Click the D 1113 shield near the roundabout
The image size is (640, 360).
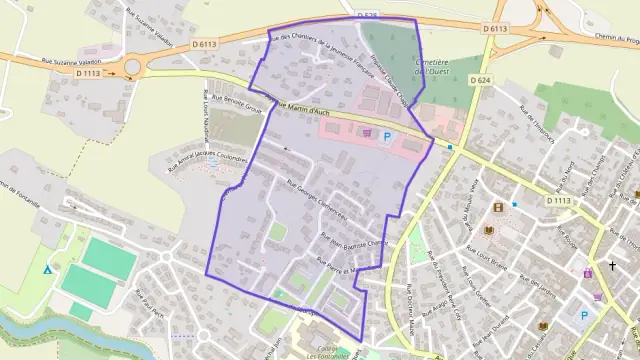(88, 72)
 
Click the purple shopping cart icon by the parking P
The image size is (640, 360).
(367, 132)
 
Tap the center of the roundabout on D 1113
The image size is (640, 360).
(132, 68)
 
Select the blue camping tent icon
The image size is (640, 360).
(47, 269)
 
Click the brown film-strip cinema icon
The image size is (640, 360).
(498, 207)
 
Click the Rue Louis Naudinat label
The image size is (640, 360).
(208, 127)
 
